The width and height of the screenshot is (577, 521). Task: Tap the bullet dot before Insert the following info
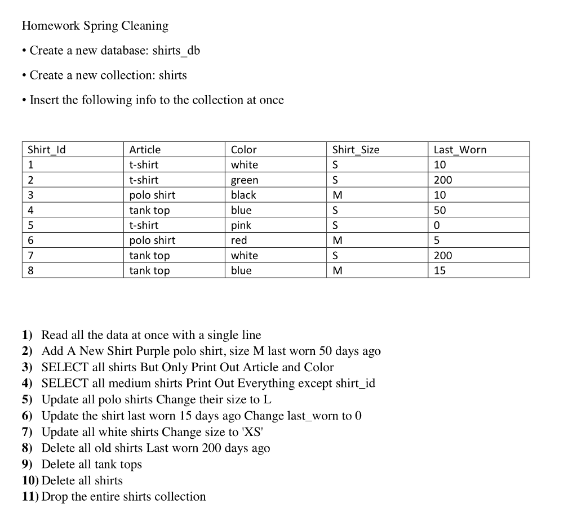[x=24, y=100]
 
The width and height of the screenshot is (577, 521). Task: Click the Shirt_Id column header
[x=47, y=150]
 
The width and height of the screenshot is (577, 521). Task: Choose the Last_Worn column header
[x=460, y=150]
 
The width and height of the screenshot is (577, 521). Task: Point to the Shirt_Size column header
[x=356, y=150]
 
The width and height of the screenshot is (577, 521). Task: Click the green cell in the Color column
[x=245, y=180]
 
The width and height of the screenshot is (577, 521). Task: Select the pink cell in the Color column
[x=241, y=225]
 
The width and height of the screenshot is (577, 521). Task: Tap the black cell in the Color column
[x=243, y=195]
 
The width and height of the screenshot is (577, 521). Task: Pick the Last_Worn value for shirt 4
[x=440, y=210]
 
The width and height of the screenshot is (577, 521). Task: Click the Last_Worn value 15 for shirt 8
[x=440, y=270]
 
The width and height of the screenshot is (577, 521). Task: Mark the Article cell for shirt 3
[x=152, y=195]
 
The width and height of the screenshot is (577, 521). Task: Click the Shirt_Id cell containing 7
[x=31, y=256]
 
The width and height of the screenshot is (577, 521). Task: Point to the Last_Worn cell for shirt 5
[x=437, y=225]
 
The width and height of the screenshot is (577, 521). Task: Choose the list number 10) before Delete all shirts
[x=30, y=480]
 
